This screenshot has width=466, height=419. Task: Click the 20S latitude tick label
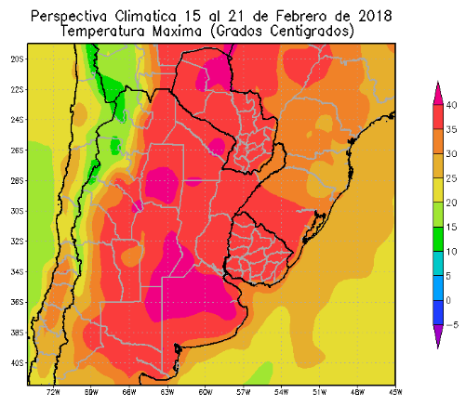click(x=16, y=59)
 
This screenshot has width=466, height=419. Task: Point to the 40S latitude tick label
click(x=16, y=363)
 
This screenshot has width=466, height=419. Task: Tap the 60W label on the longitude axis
click(x=205, y=391)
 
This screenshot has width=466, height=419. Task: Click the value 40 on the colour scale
click(x=450, y=105)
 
